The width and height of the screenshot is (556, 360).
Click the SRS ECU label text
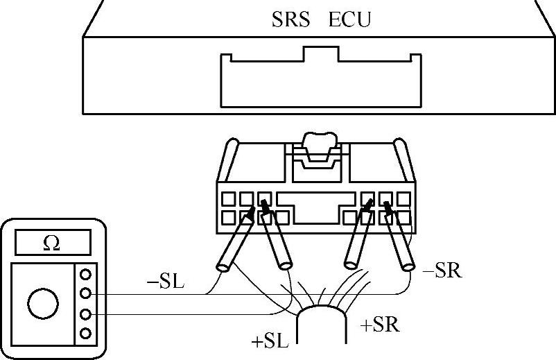tap(321, 19)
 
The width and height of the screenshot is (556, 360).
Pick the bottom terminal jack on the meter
tap(87, 334)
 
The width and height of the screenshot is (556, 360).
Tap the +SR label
tap(380, 325)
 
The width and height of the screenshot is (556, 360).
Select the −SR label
tap(442, 271)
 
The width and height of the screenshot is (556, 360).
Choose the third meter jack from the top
tap(87, 314)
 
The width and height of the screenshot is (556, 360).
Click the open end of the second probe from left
tap(285, 265)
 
